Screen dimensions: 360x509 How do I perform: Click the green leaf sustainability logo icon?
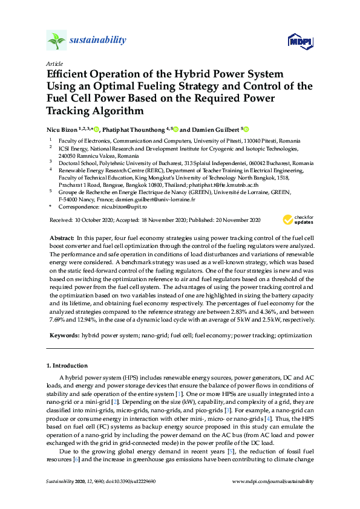(56, 41)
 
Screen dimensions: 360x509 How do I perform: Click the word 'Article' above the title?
(54, 63)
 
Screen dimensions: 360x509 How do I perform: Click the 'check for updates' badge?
(303, 218)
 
